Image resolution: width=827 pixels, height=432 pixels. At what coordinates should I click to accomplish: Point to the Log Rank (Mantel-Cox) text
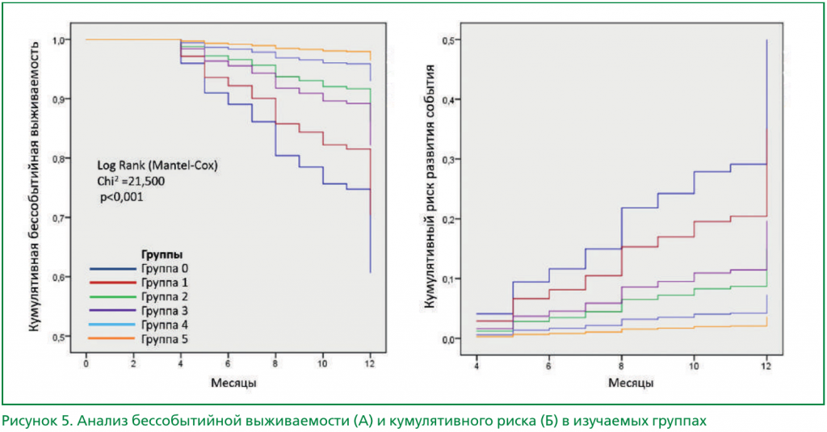click(x=157, y=166)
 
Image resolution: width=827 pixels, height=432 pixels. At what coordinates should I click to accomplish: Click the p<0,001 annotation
click(x=122, y=196)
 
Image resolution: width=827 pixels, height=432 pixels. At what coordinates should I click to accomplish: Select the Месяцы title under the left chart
click(x=228, y=383)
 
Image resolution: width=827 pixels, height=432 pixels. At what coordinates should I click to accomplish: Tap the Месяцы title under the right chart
click(x=621, y=383)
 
